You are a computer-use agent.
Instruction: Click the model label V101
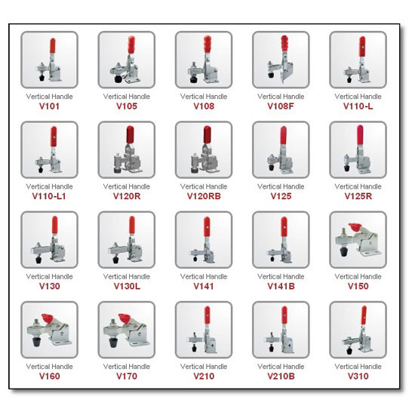click(49, 106)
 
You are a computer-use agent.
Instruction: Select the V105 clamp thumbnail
click(126, 60)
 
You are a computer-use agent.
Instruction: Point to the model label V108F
click(280, 106)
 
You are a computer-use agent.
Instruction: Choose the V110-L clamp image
click(358, 60)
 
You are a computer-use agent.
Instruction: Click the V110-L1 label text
click(49, 196)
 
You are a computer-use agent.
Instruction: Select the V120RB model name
click(203, 196)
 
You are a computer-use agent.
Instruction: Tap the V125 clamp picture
click(280, 150)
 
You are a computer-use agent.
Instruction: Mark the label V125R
click(358, 196)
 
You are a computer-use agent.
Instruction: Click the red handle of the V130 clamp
click(54, 226)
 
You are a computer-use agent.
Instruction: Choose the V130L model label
click(126, 287)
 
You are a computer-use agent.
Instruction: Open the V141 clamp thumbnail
click(203, 240)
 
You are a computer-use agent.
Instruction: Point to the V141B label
click(280, 287)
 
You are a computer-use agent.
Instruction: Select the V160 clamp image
click(49, 330)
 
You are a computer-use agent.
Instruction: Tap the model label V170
click(126, 377)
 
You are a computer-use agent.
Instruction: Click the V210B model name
click(280, 377)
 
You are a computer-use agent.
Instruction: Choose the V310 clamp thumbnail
click(358, 330)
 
